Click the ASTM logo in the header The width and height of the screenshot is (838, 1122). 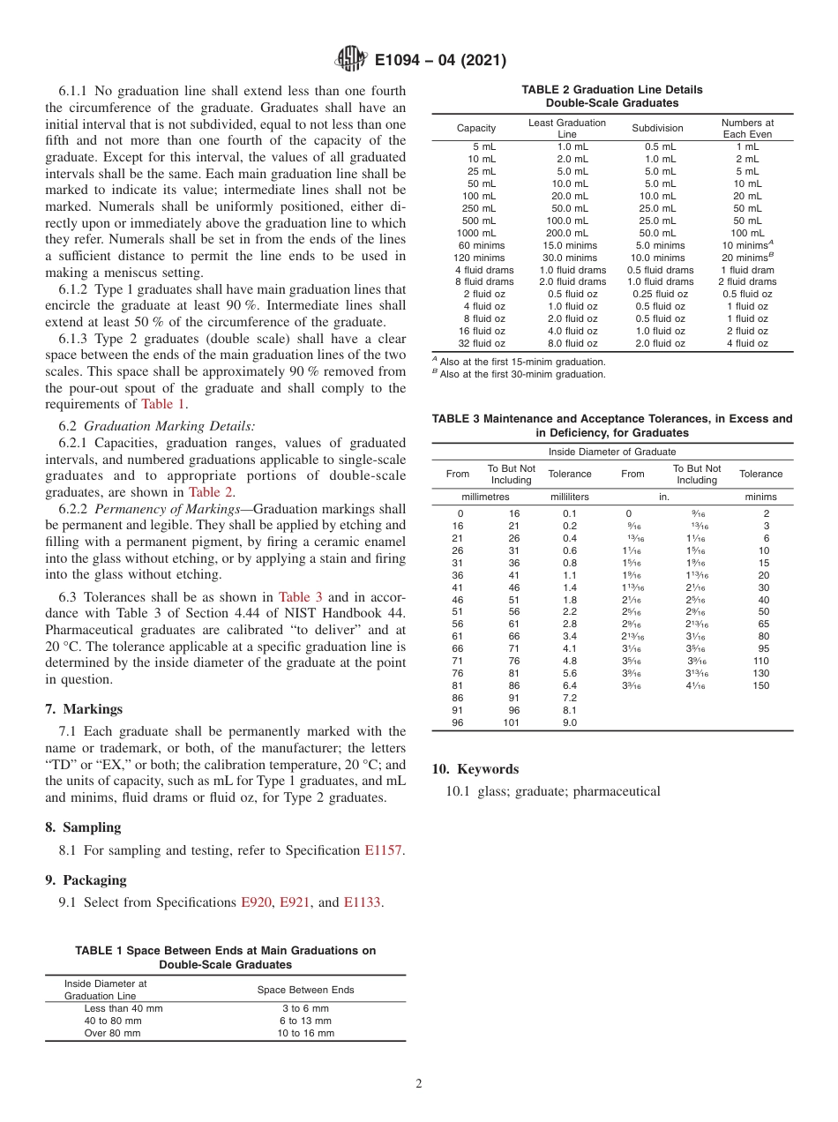[x=353, y=61]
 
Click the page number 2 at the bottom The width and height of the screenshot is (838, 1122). [x=419, y=1084]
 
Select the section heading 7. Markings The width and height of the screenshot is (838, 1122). [x=84, y=709]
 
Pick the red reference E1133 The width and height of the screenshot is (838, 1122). [x=363, y=902]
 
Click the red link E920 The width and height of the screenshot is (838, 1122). [x=256, y=902]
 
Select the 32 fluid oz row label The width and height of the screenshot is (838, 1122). [x=482, y=343]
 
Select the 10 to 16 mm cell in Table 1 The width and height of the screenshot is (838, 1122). [x=306, y=1033]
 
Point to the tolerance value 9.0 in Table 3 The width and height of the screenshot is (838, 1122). [x=569, y=722]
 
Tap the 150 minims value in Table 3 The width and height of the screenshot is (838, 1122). [x=760, y=685]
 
